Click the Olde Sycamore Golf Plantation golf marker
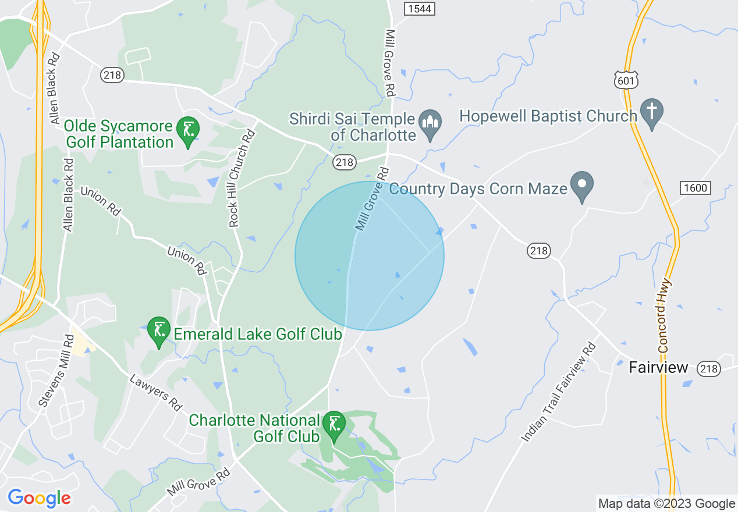click(x=188, y=130)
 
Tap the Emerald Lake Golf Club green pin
click(x=158, y=330)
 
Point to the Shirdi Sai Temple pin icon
click(x=431, y=123)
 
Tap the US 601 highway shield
click(x=626, y=80)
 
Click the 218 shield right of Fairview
click(x=709, y=369)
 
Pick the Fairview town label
click(x=659, y=368)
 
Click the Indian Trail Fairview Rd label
click(x=560, y=393)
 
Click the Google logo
click(x=39, y=498)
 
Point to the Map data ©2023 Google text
click(x=666, y=504)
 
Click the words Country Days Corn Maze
click(x=478, y=189)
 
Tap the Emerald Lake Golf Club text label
click(x=258, y=334)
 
